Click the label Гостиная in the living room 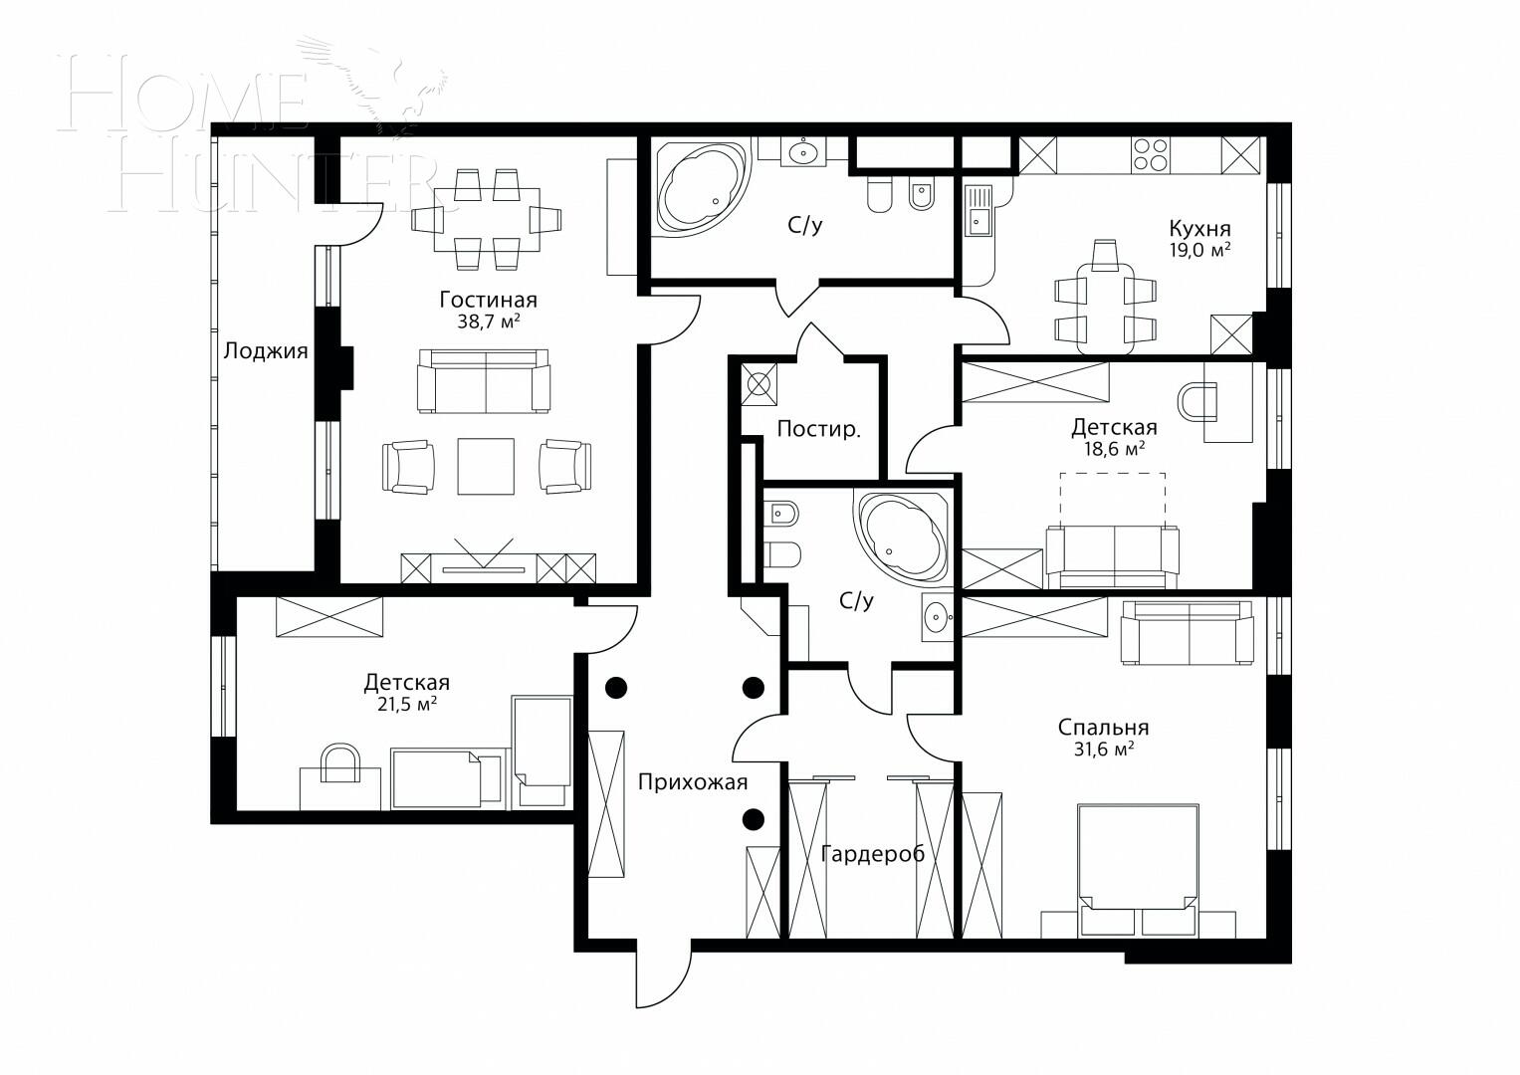(488, 300)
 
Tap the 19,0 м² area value (1199, 250)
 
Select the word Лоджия (266, 351)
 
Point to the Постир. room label (818, 429)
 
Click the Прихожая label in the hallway (693, 781)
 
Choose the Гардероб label (872, 854)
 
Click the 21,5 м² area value (406, 704)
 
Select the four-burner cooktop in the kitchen (1150, 154)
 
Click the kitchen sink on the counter (979, 212)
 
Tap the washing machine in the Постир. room (761, 384)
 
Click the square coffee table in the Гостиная (486, 466)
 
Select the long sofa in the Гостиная (484, 381)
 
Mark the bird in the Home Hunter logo (388, 85)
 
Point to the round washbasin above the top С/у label (801, 152)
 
